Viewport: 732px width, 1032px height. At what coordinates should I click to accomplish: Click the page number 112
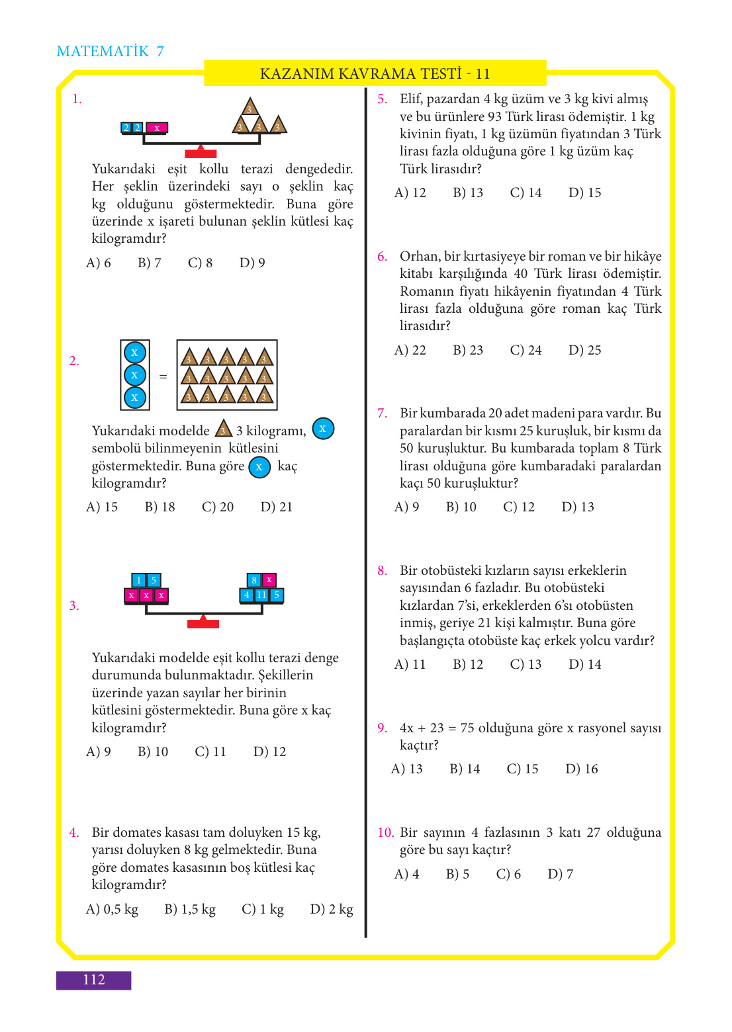point(93,980)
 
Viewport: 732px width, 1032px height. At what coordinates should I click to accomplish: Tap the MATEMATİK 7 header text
point(110,52)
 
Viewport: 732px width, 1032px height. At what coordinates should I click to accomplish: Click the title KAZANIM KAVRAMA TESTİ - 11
point(375,73)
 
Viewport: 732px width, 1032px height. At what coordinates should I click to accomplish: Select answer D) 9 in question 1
point(252,263)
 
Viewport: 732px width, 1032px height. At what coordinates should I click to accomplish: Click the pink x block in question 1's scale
point(157,128)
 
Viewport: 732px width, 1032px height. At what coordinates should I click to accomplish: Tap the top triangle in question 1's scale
point(250,108)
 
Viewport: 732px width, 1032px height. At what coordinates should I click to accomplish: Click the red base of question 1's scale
point(201,153)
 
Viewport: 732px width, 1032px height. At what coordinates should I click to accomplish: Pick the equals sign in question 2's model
point(163,376)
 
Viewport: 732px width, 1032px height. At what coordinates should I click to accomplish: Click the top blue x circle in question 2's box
point(135,353)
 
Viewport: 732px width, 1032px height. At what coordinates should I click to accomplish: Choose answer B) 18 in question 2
point(160,507)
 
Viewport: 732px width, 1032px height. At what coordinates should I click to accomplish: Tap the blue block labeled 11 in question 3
point(261,595)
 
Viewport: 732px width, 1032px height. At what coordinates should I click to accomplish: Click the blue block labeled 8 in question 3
point(253,580)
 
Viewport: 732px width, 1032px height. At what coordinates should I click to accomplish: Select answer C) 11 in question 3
point(210,752)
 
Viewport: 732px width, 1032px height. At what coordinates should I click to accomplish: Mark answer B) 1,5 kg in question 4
point(190,909)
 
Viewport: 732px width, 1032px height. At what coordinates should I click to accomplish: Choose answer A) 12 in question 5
point(410,193)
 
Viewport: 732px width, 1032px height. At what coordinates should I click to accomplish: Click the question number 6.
point(383,257)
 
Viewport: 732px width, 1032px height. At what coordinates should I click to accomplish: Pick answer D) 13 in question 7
point(578,507)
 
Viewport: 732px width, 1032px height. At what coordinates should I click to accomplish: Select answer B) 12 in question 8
point(468,664)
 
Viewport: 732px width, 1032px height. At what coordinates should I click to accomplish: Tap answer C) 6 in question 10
point(508,874)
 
